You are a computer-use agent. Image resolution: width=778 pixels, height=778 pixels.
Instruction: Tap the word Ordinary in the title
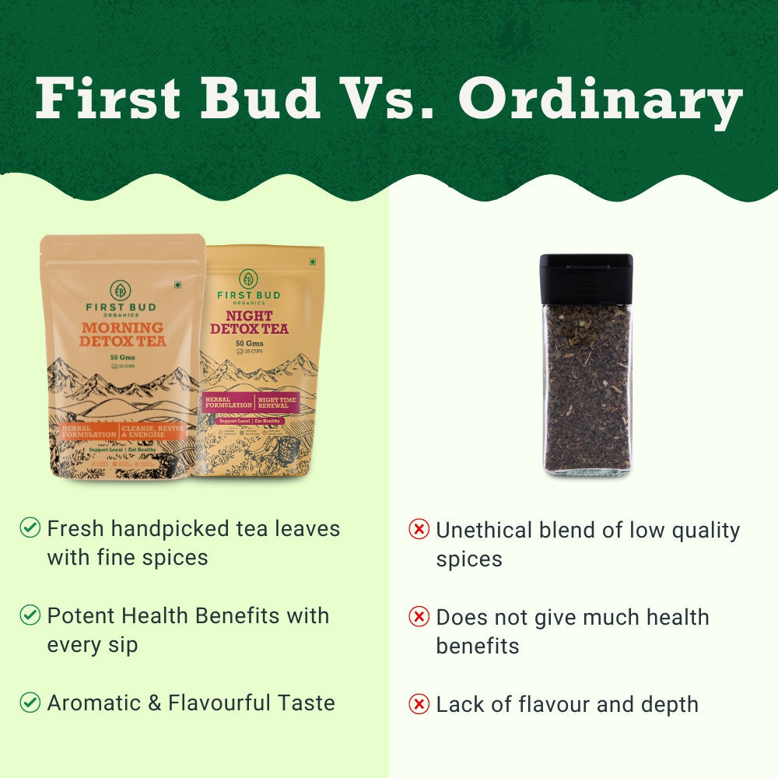[600, 100]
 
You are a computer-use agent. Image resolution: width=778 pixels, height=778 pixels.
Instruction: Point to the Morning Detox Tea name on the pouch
[122, 334]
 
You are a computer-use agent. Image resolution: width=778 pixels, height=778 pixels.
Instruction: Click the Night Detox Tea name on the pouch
[249, 322]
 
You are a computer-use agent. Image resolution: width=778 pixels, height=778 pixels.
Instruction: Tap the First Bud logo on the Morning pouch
[121, 291]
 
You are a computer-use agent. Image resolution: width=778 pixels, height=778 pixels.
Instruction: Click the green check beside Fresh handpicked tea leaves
[30, 528]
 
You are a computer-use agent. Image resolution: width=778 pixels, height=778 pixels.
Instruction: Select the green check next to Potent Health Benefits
[30, 615]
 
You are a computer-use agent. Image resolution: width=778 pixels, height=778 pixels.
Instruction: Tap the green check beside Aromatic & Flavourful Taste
[30, 703]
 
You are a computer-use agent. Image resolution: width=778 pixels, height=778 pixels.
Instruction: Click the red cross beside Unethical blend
[419, 530]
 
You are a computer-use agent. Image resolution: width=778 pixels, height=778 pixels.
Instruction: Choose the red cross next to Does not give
[419, 617]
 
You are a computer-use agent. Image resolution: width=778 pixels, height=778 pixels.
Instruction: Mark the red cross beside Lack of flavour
[419, 704]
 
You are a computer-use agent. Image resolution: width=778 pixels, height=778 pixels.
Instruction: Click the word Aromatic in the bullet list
[93, 703]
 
